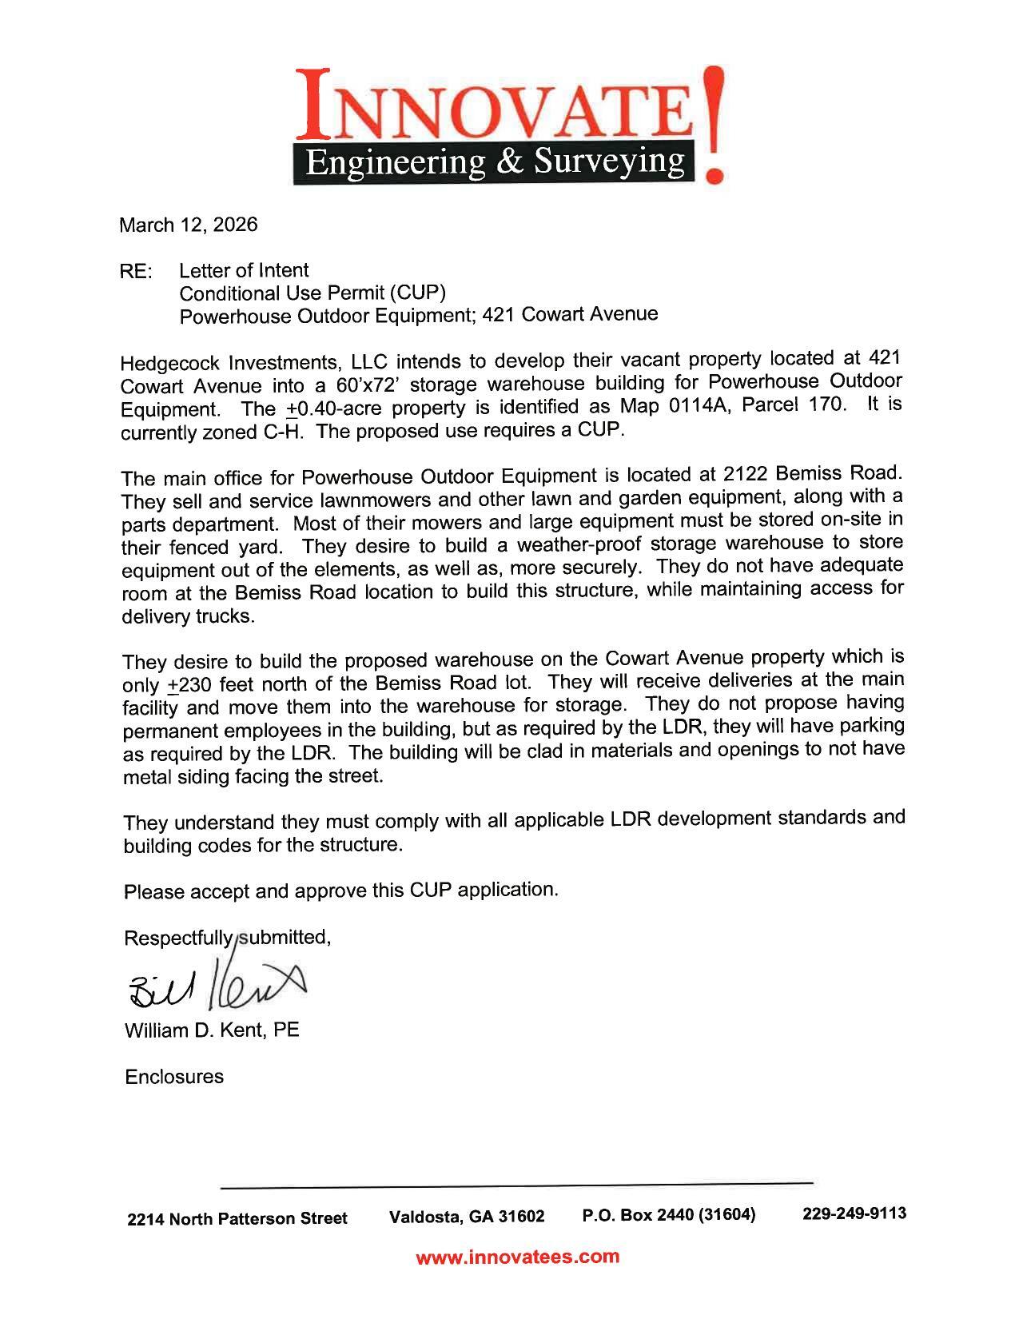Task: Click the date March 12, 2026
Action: (x=189, y=225)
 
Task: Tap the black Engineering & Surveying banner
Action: (x=496, y=162)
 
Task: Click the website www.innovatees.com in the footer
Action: (x=517, y=1257)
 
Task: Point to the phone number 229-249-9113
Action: (x=854, y=1213)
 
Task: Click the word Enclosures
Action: (x=174, y=1077)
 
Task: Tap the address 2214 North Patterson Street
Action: (x=237, y=1219)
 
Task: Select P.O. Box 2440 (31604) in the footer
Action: (x=669, y=1215)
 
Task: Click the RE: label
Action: (x=135, y=272)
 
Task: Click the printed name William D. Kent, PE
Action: (x=212, y=1030)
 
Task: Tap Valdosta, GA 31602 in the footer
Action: (x=467, y=1217)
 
